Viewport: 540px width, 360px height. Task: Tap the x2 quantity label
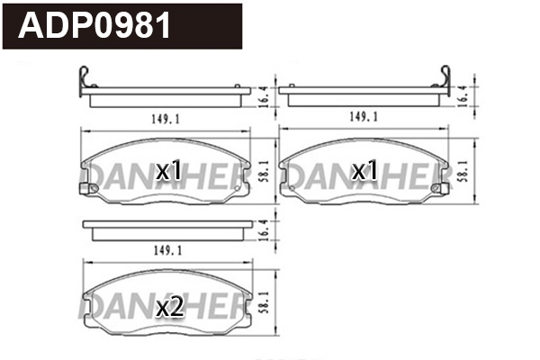click(x=170, y=308)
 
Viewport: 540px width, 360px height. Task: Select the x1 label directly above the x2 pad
click(x=169, y=170)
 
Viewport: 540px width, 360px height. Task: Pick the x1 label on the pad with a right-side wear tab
click(x=364, y=170)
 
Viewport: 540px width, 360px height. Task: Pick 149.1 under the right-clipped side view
click(x=363, y=116)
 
